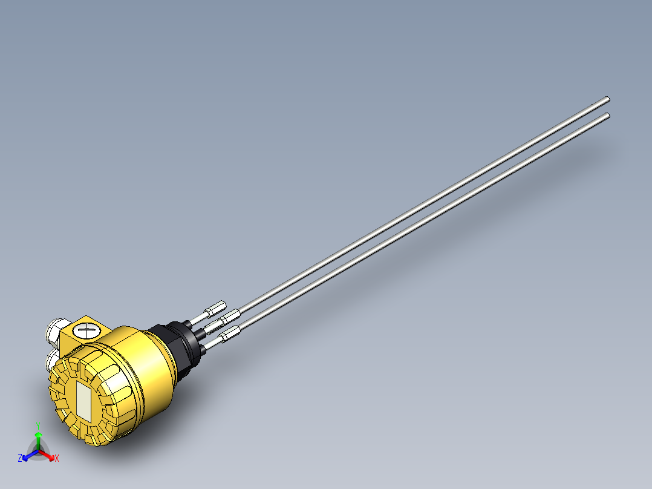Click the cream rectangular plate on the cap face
pos(84,401)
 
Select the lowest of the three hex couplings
pos(230,333)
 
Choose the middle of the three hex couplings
pos(230,316)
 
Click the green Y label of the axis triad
pos(38,425)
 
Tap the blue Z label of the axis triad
pos(20,459)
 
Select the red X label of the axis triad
pos(57,459)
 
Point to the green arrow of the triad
pos(38,439)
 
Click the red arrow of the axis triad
pos(48,454)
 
